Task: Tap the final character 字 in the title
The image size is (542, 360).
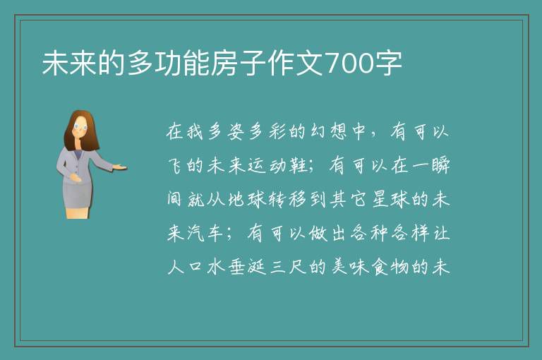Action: click(x=389, y=64)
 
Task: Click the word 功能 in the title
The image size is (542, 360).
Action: click(x=183, y=64)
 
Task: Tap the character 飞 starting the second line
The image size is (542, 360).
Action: click(x=176, y=165)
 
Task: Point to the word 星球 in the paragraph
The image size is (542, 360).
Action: click(x=390, y=199)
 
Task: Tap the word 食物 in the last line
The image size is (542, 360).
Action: click(x=390, y=267)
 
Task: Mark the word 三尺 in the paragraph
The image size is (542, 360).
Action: click(x=288, y=267)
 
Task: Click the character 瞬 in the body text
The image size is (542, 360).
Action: click(x=440, y=165)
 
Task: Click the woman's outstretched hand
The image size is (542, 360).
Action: click(x=119, y=167)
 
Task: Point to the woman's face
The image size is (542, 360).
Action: click(x=80, y=127)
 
